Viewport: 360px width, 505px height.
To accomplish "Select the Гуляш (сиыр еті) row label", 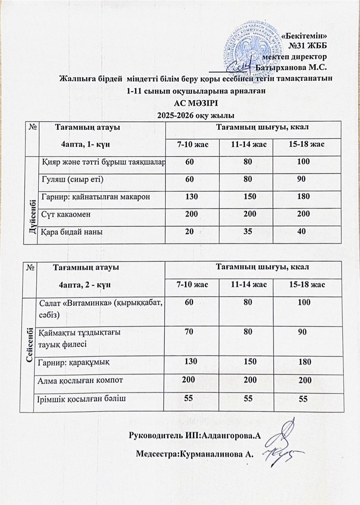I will pos(72,180).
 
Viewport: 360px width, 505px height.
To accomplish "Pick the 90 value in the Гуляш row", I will pos(302,180).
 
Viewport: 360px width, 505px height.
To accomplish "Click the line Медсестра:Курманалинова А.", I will pos(194,454).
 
